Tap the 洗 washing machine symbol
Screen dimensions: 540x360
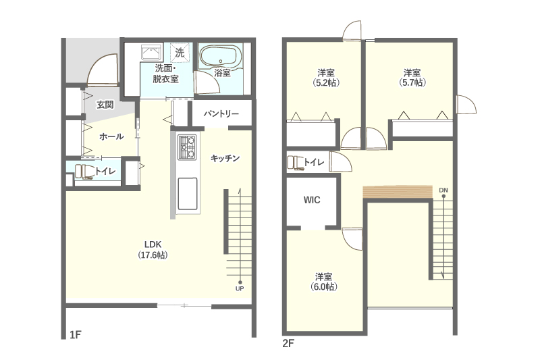point(180,53)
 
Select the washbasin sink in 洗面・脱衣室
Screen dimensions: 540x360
point(151,53)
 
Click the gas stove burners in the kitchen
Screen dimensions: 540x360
point(187,147)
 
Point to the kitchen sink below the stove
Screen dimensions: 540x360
point(188,194)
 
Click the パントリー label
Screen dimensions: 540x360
point(221,113)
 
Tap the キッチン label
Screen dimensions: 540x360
point(225,158)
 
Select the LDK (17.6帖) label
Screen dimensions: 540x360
point(153,250)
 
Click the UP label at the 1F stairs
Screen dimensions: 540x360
point(240,288)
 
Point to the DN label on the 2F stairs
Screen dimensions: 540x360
point(443,190)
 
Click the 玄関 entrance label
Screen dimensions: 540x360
point(105,105)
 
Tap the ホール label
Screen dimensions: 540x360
point(111,136)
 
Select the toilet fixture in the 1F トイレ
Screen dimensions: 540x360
point(85,172)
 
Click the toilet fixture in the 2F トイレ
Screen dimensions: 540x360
point(296,163)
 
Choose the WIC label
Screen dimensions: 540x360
point(312,200)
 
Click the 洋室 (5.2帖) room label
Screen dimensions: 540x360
point(326,78)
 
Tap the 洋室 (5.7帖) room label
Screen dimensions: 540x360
point(412,78)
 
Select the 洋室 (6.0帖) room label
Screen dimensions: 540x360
point(324,282)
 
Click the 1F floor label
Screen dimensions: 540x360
point(75,334)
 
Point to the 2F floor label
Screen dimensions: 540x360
point(288,344)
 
